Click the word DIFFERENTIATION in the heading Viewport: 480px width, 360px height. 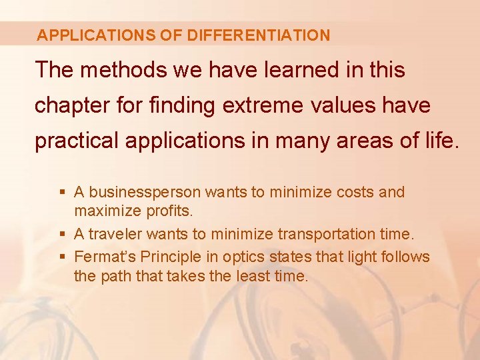(259, 35)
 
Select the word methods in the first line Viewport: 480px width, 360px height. (124, 69)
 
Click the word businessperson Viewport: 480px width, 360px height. (145, 193)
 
